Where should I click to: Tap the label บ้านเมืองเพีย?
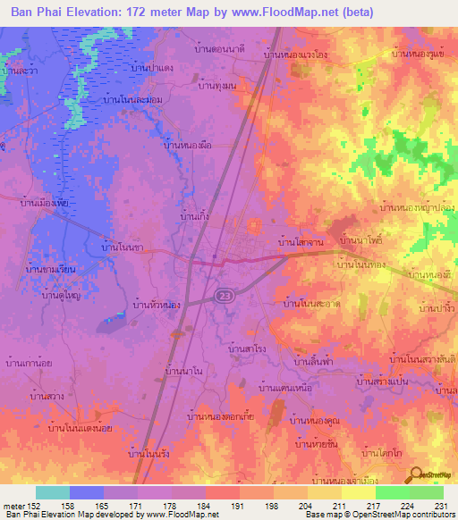45,203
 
